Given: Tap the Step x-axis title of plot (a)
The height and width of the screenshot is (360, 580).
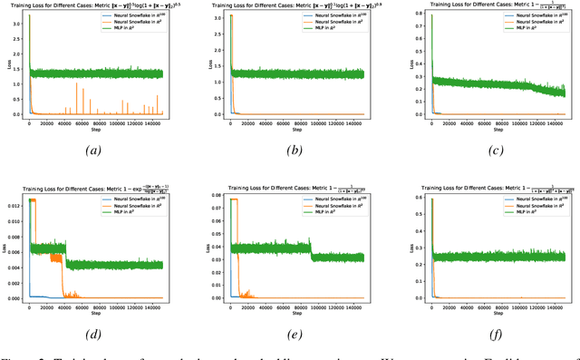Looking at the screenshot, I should (95, 132).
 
